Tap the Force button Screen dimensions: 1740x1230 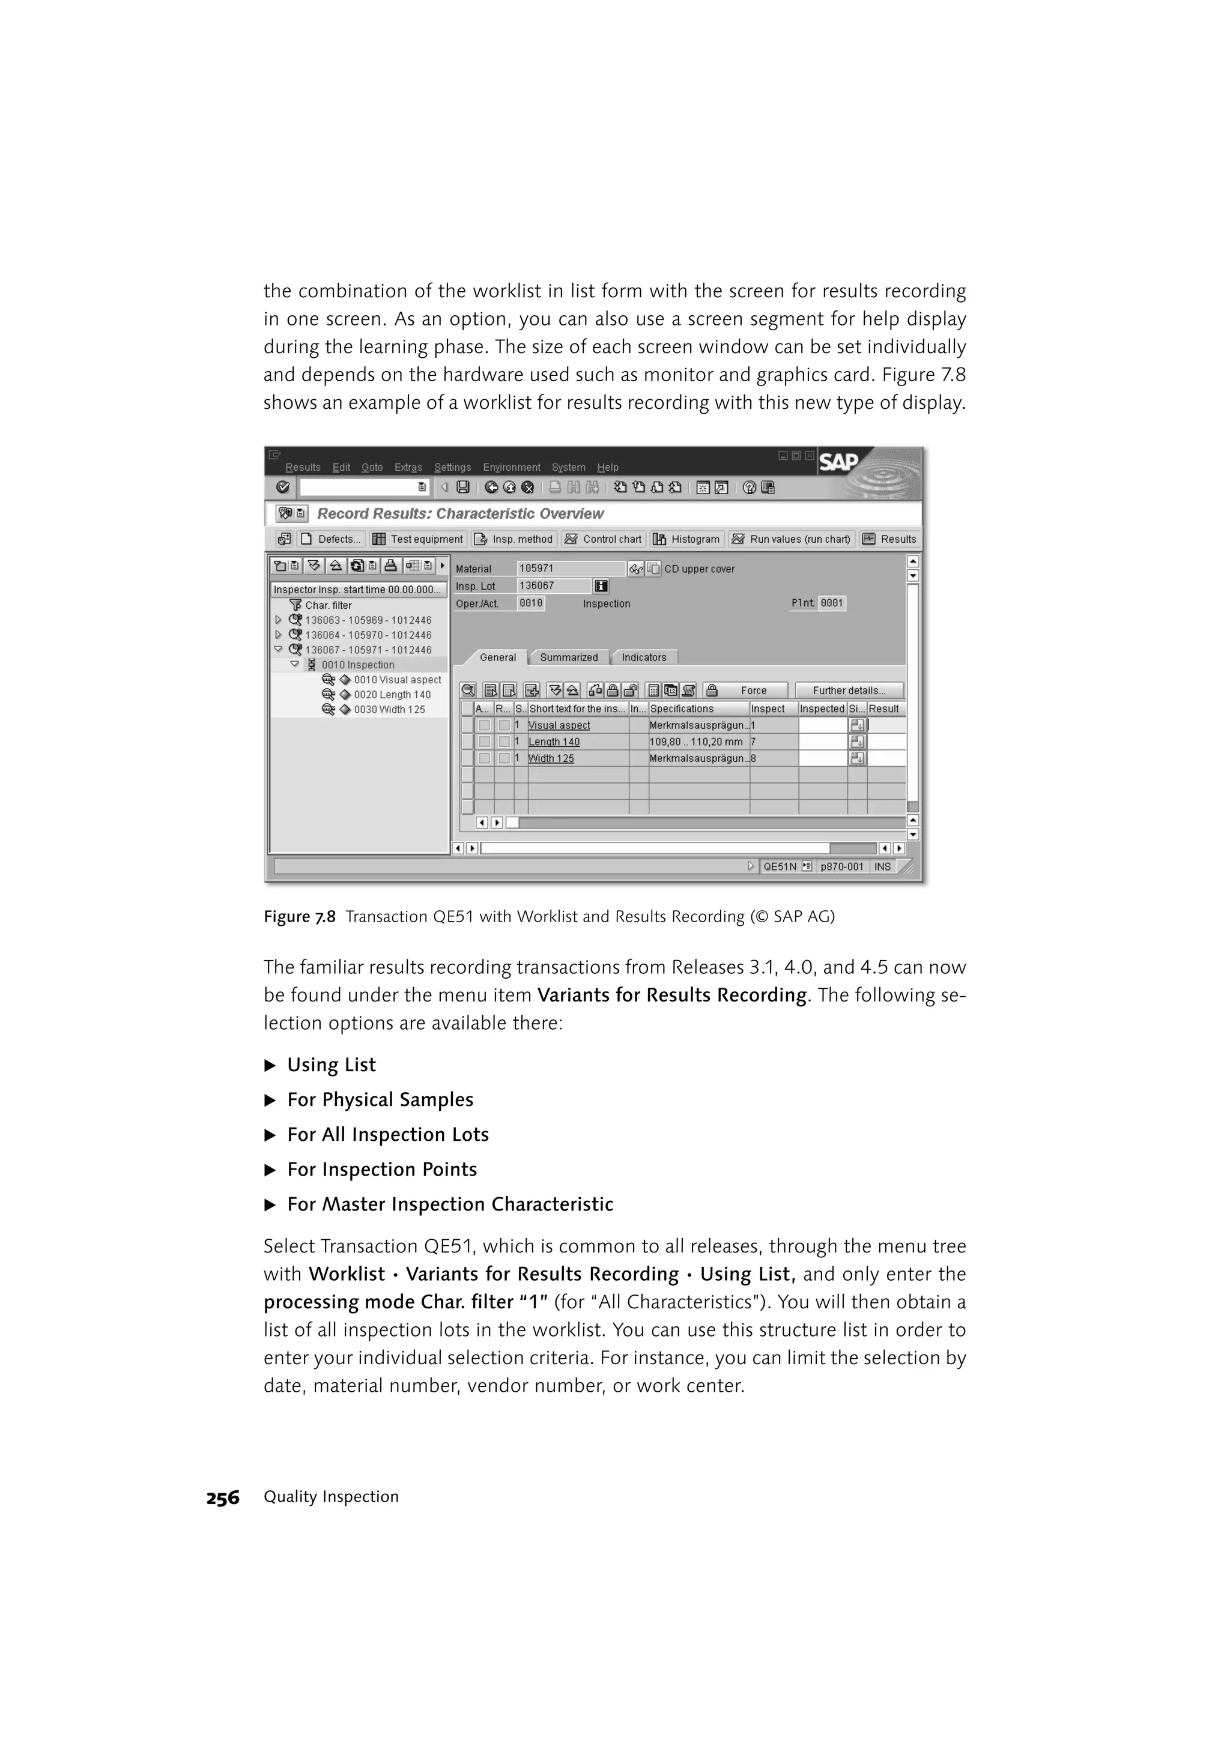pyautogui.click(x=753, y=690)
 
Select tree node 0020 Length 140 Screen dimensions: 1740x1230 pyautogui.click(x=392, y=694)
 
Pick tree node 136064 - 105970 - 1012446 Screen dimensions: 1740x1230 pyautogui.click(x=368, y=635)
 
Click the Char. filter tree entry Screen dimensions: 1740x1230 pyautogui.click(x=328, y=605)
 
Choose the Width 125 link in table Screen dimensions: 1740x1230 pyautogui.click(x=551, y=758)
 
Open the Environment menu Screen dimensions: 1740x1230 pyautogui.click(x=512, y=468)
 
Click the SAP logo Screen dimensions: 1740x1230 pyautogui.click(x=838, y=462)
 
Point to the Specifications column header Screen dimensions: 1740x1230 pyautogui.click(x=682, y=708)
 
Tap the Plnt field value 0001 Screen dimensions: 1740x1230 pyautogui.click(x=831, y=603)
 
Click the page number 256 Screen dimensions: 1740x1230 pyautogui.click(x=223, y=1497)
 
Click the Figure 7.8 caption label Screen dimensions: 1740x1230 pyautogui.click(x=299, y=917)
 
